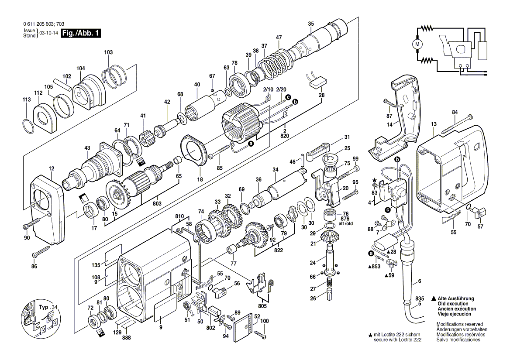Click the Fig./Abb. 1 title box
click(x=81, y=33)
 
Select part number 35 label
click(x=310, y=24)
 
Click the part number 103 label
click(x=108, y=52)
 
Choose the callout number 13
click(x=433, y=124)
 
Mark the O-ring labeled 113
click(x=27, y=127)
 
